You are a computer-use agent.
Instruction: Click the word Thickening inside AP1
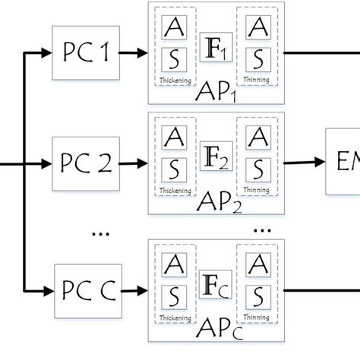coord(173,78)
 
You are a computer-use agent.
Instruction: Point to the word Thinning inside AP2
coord(258,188)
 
